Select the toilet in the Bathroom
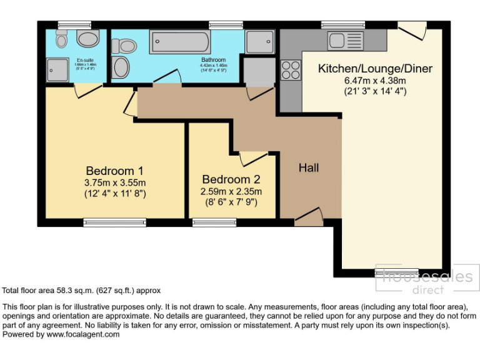point(125,46)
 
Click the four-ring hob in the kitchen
point(291,69)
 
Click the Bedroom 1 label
point(115,171)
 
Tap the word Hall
point(309,167)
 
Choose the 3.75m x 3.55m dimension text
point(115,182)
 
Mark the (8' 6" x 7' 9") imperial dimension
point(231,202)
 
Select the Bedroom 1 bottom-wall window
point(115,222)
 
